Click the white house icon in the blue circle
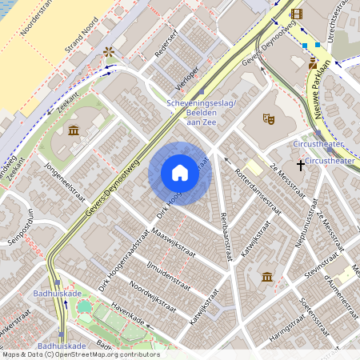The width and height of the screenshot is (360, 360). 180,173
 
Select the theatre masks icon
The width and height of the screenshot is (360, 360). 268,119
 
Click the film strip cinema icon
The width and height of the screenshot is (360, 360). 297,14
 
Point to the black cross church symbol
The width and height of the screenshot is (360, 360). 301,165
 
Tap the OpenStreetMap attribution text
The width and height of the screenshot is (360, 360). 80,354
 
